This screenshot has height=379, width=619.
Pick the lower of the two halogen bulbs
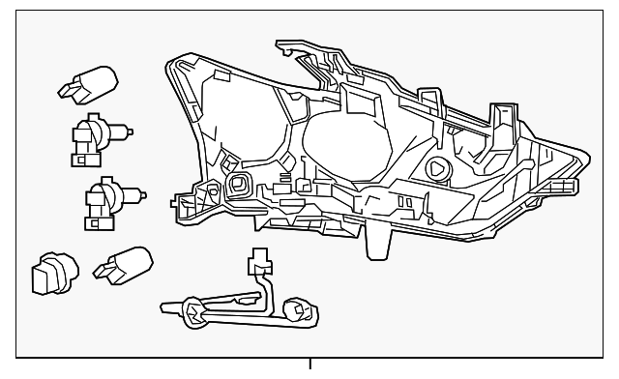[100, 200]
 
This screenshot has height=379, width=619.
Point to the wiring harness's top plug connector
[258, 264]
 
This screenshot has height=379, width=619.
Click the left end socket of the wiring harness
[192, 311]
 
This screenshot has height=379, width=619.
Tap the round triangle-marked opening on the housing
[437, 167]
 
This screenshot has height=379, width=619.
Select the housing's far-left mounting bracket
[184, 204]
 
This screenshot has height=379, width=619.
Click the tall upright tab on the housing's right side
[501, 126]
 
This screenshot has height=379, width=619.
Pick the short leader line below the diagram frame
[309, 365]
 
